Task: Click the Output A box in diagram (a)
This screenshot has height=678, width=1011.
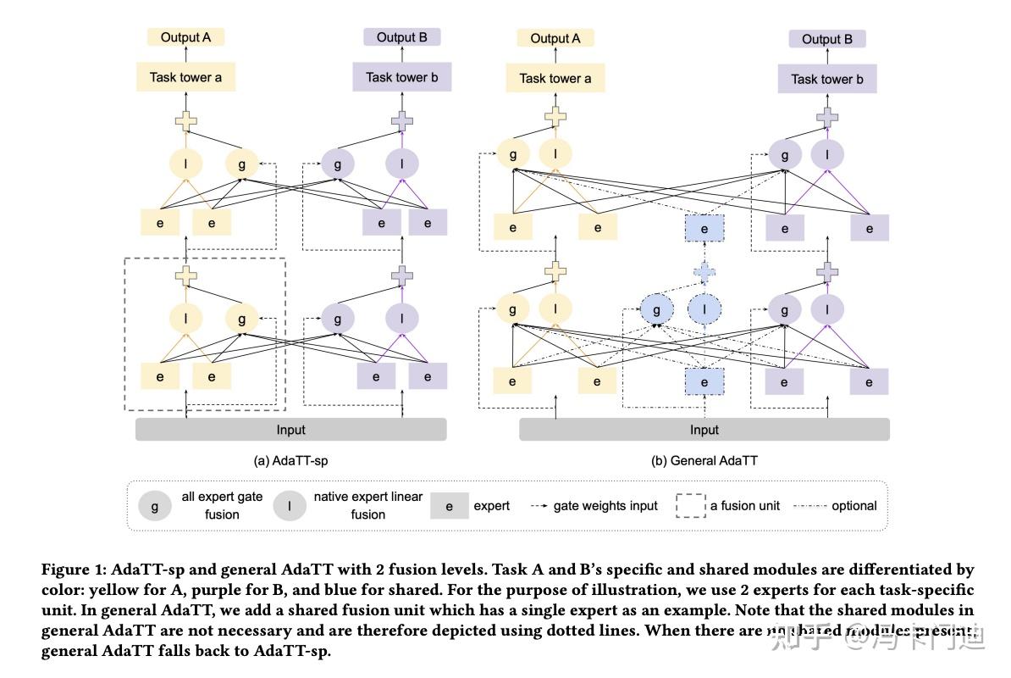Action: tap(186, 37)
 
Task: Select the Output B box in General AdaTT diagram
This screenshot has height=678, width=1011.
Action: tap(826, 39)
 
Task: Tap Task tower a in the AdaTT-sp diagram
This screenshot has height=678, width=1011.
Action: tap(186, 77)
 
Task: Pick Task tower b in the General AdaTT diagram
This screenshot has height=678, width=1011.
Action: tap(826, 79)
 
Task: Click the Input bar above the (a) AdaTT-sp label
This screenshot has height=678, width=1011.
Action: tap(290, 430)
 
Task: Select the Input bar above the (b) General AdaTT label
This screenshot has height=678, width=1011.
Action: tap(704, 430)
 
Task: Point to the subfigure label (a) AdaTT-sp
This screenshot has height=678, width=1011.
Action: tap(290, 461)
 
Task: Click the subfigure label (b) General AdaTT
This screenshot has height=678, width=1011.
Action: tap(704, 461)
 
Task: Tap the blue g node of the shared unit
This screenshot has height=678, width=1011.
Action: tap(656, 310)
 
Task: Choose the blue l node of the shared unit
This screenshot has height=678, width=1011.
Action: tap(704, 310)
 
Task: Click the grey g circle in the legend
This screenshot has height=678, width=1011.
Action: tap(154, 507)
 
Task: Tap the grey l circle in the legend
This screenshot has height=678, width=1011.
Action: tap(290, 507)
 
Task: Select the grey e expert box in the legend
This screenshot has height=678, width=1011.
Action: tap(449, 507)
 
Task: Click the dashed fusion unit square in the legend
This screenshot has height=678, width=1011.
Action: tap(690, 506)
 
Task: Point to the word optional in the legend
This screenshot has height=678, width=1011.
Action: tap(854, 506)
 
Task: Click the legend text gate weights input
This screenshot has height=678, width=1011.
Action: tap(605, 506)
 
